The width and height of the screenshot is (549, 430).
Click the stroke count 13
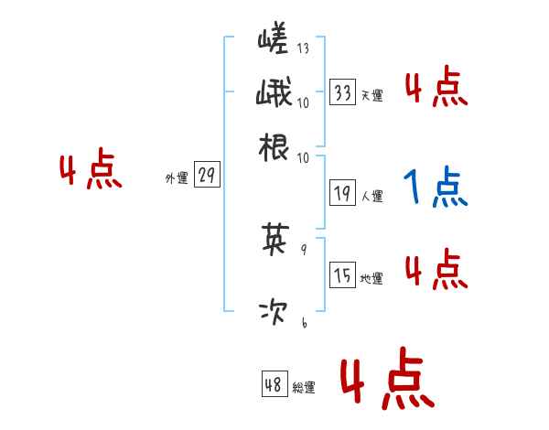click(x=303, y=48)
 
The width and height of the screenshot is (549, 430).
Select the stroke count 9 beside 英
click(x=303, y=248)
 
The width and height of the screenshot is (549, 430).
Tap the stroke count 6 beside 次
click(x=303, y=322)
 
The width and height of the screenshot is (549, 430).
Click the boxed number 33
click(x=343, y=92)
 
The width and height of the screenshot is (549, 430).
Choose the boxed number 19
click(x=343, y=193)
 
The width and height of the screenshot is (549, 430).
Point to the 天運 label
click(x=371, y=95)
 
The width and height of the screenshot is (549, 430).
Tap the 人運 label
click(x=371, y=196)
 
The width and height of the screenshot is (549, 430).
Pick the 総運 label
click(x=304, y=388)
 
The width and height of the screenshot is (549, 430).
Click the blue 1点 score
click(x=435, y=188)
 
